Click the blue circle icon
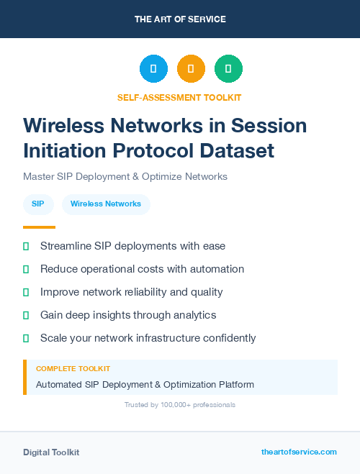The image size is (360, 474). pyautogui.click(x=153, y=68)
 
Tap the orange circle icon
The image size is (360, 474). pyautogui.click(x=191, y=68)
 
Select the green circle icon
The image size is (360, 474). pyautogui.click(x=228, y=68)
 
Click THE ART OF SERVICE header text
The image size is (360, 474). pyautogui.click(x=180, y=19)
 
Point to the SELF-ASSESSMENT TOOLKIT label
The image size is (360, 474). pyautogui.click(x=179, y=97)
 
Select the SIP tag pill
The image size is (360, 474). pyautogui.click(x=38, y=204)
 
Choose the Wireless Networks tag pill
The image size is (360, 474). pyautogui.click(x=106, y=204)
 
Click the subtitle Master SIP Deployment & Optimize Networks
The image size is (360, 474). pyautogui.click(x=125, y=176)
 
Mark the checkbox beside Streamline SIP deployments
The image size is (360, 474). pyautogui.click(x=26, y=247)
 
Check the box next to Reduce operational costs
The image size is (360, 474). pyautogui.click(x=26, y=270)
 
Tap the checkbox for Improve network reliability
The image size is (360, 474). pyautogui.click(x=26, y=293)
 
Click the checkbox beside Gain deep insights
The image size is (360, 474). pyautogui.click(x=26, y=316)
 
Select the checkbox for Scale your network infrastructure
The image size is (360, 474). pyautogui.click(x=26, y=338)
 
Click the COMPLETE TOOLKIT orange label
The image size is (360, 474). pyautogui.click(x=73, y=368)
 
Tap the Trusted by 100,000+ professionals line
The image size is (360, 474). pyautogui.click(x=180, y=405)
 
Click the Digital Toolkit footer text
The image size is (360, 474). pyautogui.click(x=51, y=452)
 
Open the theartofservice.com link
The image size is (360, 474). pyautogui.click(x=299, y=452)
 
